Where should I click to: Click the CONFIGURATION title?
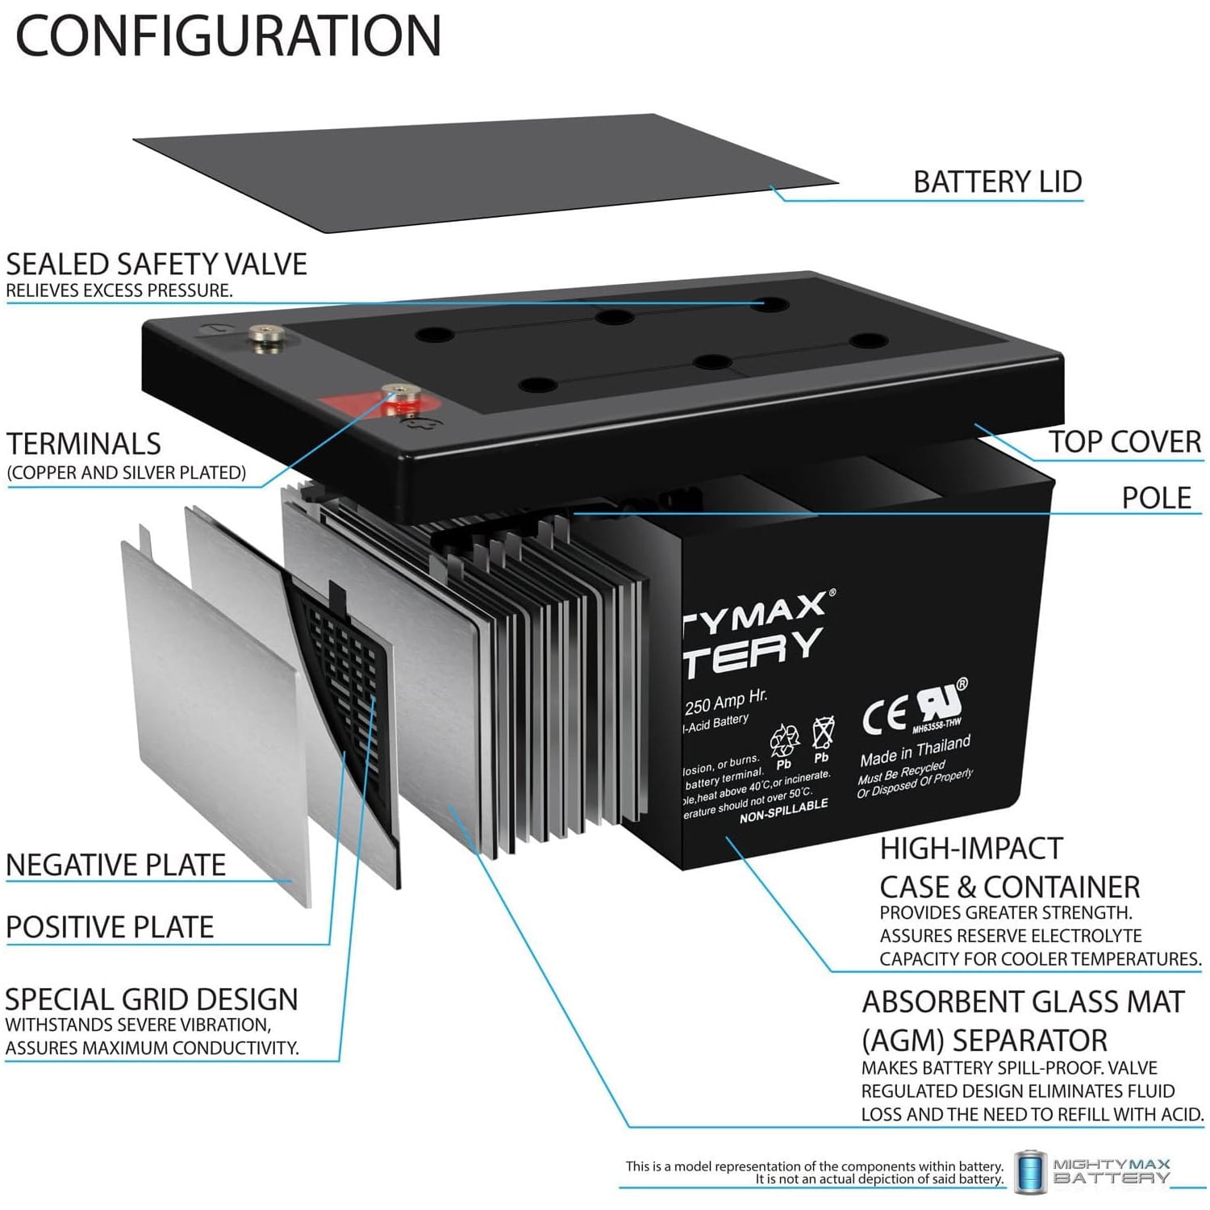pyautogui.click(x=228, y=35)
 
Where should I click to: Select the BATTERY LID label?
pyautogui.click(x=997, y=181)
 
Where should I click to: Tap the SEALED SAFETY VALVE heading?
pyautogui.click(x=156, y=265)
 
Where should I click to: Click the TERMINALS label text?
pyautogui.click(x=84, y=444)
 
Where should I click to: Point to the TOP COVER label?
pyautogui.click(x=1124, y=442)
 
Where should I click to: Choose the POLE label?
pyautogui.click(x=1156, y=498)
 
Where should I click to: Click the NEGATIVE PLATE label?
pyautogui.click(x=116, y=865)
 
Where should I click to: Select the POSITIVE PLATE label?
pyautogui.click(x=110, y=928)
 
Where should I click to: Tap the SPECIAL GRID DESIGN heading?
pyautogui.click(x=152, y=999)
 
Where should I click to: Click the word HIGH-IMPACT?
pyautogui.click(x=971, y=849)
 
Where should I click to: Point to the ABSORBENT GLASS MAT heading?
pyautogui.click(x=1023, y=1002)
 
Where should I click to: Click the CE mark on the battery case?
pyautogui.click(x=884, y=715)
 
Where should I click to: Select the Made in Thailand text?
pyautogui.click(x=915, y=751)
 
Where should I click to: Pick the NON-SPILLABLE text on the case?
pyautogui.click(x=783, y=812)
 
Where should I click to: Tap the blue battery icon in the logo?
pyautogui.click(x=1029, y=1172)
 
